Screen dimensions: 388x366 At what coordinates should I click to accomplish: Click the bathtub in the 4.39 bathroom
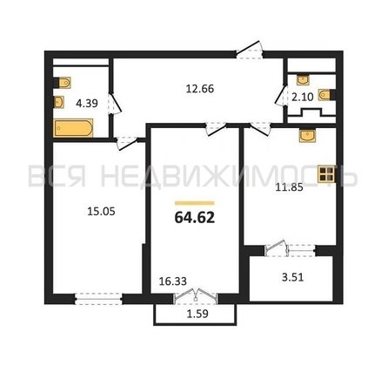tap(73, 128)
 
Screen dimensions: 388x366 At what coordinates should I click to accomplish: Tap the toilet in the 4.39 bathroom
tap(63, 83)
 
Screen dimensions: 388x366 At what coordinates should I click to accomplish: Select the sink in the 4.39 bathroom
tap(59, 102)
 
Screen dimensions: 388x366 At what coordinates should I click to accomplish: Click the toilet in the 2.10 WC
tap(327, 94)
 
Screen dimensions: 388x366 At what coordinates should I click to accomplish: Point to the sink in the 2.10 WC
tap(303, 79)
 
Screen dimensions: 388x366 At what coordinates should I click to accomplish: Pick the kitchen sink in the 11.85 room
tap(308, 136)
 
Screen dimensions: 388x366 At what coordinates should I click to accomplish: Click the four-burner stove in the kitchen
tap(326, 174)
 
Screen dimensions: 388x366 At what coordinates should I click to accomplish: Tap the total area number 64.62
tap(195, 217)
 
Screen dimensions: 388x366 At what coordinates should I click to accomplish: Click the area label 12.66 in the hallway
tap(200, 88)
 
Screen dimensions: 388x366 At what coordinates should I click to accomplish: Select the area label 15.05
tap(101, 212)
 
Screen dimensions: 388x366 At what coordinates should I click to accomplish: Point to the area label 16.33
tap(173, 281)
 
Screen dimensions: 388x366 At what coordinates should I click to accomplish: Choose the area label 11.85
tap(289, 187)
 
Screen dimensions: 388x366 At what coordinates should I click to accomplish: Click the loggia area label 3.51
tap(292, 277)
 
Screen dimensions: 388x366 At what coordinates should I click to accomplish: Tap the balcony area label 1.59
tap(197, 314)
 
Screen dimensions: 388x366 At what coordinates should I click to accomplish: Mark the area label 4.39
tap(87, 103)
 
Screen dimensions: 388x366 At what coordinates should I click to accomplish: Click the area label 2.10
tap(303, 97)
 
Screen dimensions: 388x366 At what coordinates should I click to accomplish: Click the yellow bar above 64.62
tap(195, 203)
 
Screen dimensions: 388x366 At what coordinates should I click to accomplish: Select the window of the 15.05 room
tap(98, 299)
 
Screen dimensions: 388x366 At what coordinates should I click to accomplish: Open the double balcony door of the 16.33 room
tap(196, 296)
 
